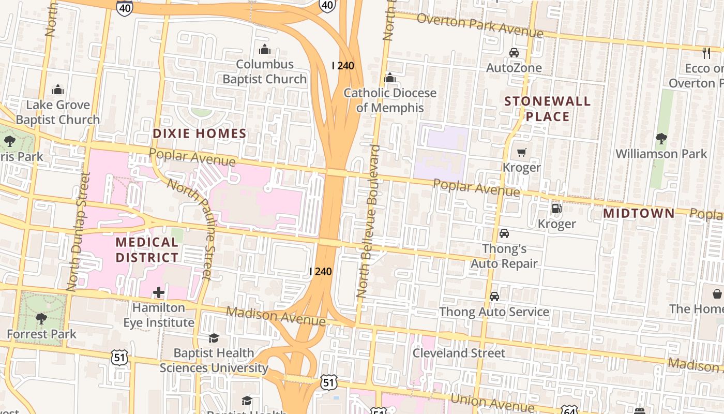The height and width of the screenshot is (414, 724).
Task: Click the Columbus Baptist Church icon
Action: pyautogui.click(x=265, y=50)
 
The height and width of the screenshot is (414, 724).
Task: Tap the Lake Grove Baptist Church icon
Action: pyautogui.click(x=58, y=90)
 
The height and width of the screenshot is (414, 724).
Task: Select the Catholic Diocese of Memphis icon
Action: pyautogui.click(x=390, y=78)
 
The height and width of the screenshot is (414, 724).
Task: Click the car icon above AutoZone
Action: pyautogui.click(x=514, y=53)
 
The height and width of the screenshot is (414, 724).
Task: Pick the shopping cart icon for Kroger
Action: pyautogui.click(x=521, y=153)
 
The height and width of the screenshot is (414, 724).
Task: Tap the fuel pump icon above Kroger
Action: pyautogui.click(x=556, y=209)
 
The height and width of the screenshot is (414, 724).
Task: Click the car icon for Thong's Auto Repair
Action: pyautogui.click(x=504, y=233)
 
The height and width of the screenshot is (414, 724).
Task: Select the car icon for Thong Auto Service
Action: pyautogui.click(x=494, y=297)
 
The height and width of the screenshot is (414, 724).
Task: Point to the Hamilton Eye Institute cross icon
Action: pyautogui.click(x=159, y=293)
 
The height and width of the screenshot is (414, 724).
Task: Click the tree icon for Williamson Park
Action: pyautogui.click(x=661, y=139)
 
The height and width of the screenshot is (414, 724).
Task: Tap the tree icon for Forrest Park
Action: pyautogui.click(x=41, y=319)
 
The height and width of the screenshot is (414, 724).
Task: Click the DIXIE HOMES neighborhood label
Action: pyautogui.click(x=200, y=134)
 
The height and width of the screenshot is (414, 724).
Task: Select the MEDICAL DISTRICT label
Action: pyautogui.click(x=147, y=249)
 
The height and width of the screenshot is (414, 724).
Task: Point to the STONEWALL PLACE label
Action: pyautogui.click(x=547, y=109)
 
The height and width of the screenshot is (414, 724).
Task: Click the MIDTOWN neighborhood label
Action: pyautogui.click(x=639, y=213)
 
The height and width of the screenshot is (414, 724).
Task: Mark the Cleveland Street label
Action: pyautogui.click(x=459, y=353)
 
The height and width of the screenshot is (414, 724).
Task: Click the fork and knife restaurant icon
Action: pyautogui.click(x=706, y=52)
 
